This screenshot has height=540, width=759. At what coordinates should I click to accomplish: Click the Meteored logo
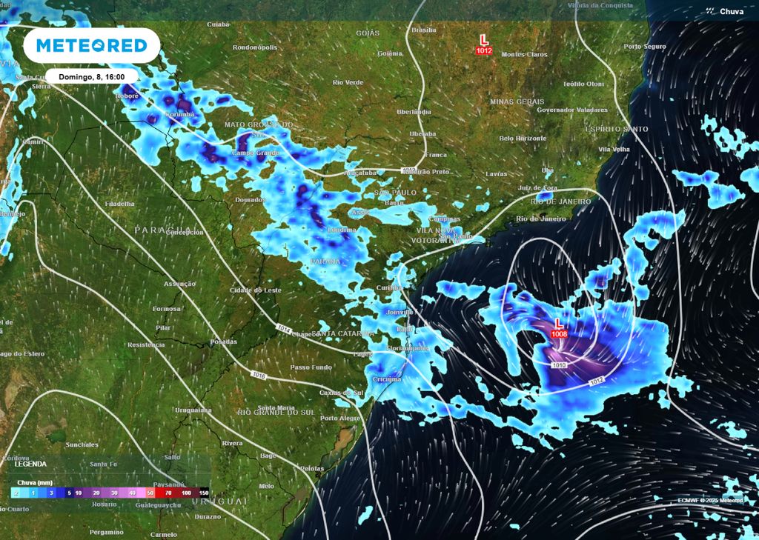point(92,45)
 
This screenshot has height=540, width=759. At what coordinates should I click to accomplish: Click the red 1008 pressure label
point(559,335)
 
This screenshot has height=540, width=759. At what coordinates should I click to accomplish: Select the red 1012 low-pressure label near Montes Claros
point(484,50)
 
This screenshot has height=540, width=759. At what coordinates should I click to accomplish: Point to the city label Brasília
point(423,30)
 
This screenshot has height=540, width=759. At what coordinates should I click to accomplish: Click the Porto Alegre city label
point(340,419)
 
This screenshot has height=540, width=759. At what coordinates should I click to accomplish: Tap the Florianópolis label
point(407,348)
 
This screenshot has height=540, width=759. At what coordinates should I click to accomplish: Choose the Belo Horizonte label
point(523,139)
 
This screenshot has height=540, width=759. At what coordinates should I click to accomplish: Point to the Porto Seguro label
point(645,46)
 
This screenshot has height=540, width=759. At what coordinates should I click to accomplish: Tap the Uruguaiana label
point(193,410)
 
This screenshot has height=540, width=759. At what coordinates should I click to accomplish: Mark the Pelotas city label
point(312,468)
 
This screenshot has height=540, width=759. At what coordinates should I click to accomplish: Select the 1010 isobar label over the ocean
point(560,365)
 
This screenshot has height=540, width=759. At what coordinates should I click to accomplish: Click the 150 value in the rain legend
point(202,492)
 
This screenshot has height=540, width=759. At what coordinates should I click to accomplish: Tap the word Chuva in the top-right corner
point(732,11)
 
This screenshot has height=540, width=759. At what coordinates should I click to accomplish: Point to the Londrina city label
point(342,230)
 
